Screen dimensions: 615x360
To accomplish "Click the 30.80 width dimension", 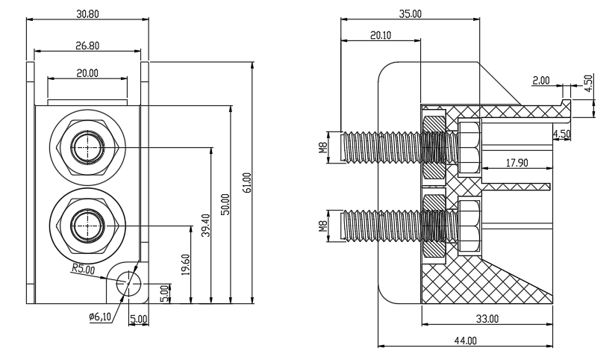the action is pos(88,14).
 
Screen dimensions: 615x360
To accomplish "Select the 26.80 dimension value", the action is pos(87,46).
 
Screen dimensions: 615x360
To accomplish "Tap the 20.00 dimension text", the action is pos(87,73).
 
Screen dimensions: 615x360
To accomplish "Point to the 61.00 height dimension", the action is pos(247,182).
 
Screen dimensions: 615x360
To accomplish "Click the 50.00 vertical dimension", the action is pos(225,204).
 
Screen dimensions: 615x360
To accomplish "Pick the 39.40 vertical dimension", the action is pos(206,225).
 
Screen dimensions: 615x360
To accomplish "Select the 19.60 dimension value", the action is pos(186,264).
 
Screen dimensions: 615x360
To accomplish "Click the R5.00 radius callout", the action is pos(83,270).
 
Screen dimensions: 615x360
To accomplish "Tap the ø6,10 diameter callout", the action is pos(100,317).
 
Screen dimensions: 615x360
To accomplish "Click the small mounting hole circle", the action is pos(128,283).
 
